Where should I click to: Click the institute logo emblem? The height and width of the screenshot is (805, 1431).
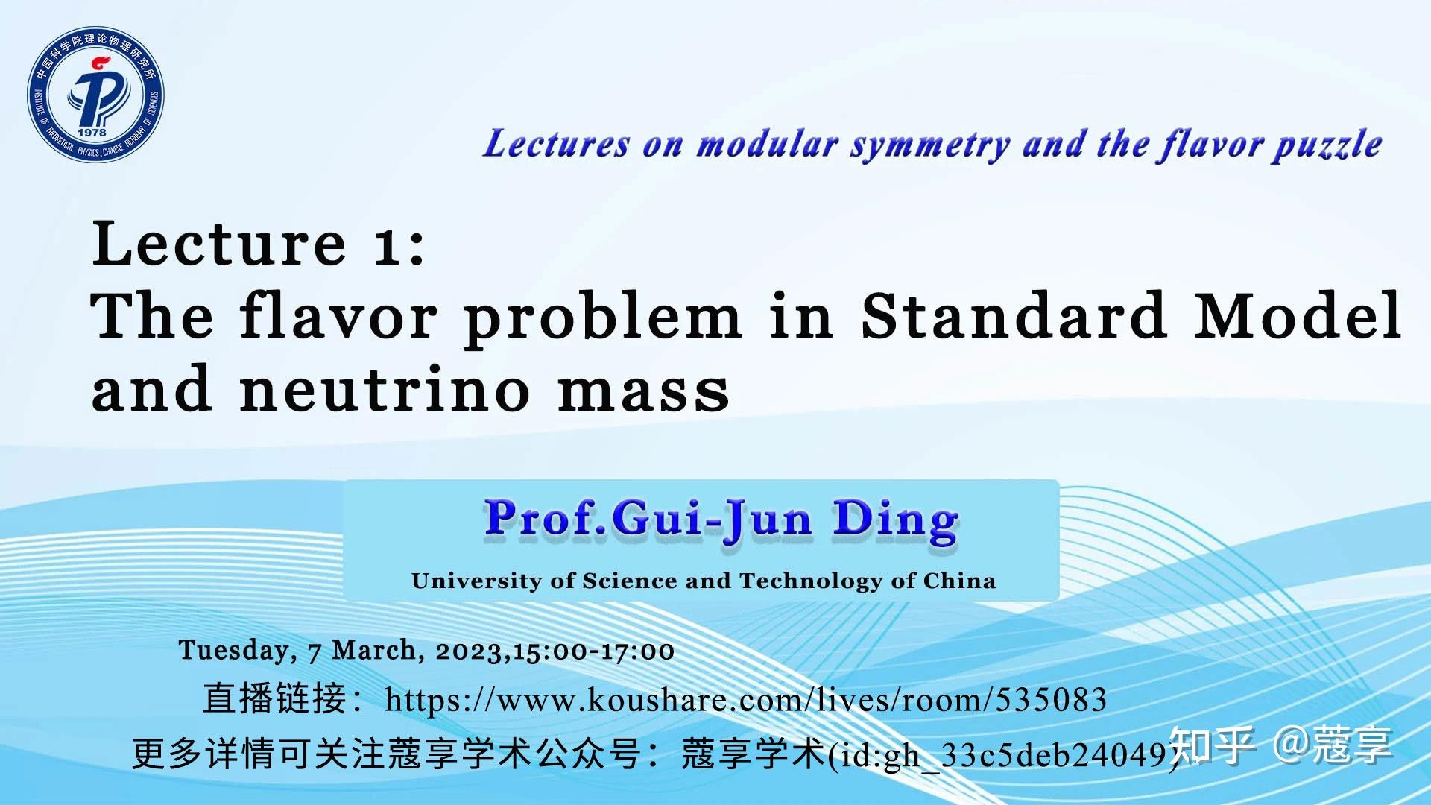pos(95,95)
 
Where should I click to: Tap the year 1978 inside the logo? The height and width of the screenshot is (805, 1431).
pos(92,133)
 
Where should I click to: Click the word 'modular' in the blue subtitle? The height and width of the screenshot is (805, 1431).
pos(767,144)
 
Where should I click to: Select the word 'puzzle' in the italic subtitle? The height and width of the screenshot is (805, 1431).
pos(1327,144)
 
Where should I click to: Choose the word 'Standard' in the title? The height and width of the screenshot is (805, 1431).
pos(1014,316)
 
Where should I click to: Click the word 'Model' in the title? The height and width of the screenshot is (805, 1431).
pos(1298,316)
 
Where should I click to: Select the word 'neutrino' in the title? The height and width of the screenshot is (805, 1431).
pos(385,389)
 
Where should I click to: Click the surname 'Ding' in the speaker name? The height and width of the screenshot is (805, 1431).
pos(895,520)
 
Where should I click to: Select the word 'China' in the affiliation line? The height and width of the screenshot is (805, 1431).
pos(959,581)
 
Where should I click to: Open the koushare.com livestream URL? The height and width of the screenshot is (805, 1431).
pos(745,700)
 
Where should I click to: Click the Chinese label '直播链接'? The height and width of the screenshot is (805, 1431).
pos(274,699)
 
